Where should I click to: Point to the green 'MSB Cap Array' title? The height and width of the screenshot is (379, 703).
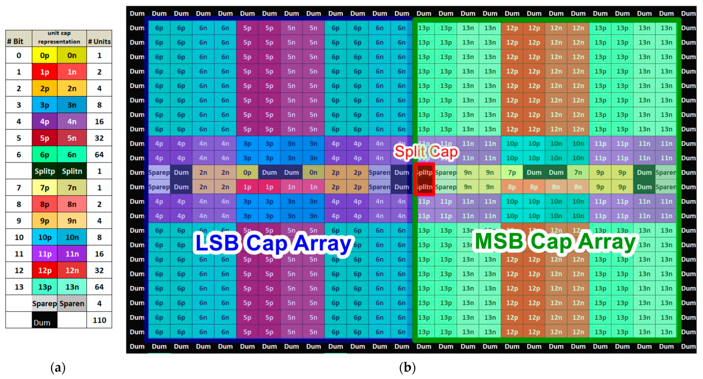[x=555, y=242]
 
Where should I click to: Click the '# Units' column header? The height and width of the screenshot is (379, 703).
[x=99, y=41]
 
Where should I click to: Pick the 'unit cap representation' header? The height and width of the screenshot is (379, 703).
[x=59, y=37]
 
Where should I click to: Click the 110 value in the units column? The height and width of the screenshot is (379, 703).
[x=99, y=320]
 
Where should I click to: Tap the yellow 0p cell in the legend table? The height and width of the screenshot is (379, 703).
[x=45, y=55]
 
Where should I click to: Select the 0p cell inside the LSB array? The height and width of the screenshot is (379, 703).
[x=247, y=173]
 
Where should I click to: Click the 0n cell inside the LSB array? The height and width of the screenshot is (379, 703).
[x=313, y=173]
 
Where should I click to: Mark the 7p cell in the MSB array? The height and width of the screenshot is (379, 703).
[x=512, y=173]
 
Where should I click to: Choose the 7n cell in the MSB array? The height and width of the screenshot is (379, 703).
[x=578, y=173]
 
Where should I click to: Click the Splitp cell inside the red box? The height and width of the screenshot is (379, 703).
[x=424, y=173]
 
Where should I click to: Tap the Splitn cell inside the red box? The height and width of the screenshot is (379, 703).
[x=424, y=187]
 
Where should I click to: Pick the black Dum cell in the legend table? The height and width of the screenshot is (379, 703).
[x=45, y=320]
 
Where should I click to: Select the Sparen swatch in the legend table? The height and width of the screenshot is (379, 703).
[x=72, y=303]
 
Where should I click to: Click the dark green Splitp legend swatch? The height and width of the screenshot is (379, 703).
[x=45, y=171]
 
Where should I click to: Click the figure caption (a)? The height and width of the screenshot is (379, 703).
[x=58, y=368]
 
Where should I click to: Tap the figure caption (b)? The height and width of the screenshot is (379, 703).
[x=407, y=368]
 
